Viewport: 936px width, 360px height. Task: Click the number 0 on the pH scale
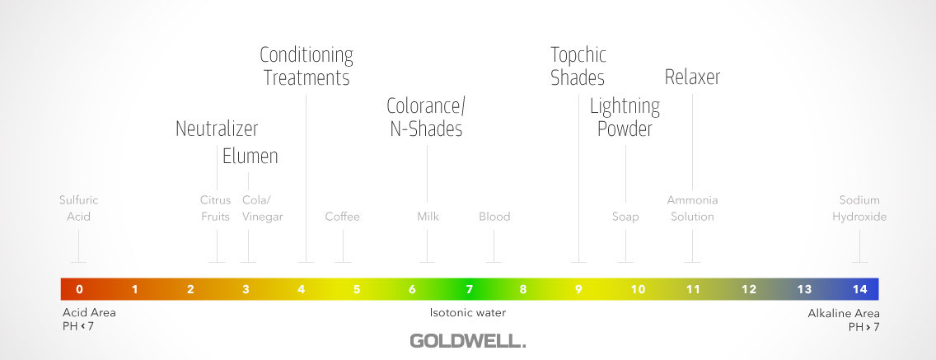coord(79,290)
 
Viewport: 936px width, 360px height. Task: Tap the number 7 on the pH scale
coord(469,290)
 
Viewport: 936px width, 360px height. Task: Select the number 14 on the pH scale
coord(859,290)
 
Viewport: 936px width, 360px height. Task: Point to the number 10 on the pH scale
coord(638,290)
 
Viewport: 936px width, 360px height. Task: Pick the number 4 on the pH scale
coord(302,290)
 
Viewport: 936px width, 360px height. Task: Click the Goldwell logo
coord(467,341)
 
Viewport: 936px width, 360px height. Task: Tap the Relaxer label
coord(692,77)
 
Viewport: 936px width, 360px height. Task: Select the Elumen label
coord(250,157)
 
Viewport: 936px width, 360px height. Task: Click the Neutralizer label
coord(217,129)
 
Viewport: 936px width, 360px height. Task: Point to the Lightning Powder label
coord(625,118)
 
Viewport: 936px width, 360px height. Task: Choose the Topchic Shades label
coord(578,66)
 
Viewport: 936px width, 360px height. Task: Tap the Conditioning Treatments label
coord(307,66)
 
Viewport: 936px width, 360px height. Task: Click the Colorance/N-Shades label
coord(426,117)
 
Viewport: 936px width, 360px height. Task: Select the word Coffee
coord(343,217)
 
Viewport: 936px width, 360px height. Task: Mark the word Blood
coord(494,217)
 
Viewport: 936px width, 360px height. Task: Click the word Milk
coord(428,217)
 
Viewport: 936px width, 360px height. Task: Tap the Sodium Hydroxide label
coord(859,208)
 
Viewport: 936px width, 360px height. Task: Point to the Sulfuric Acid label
coord(79,208)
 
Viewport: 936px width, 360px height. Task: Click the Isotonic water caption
coord(468,312)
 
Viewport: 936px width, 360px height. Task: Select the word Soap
coord(625,217)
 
